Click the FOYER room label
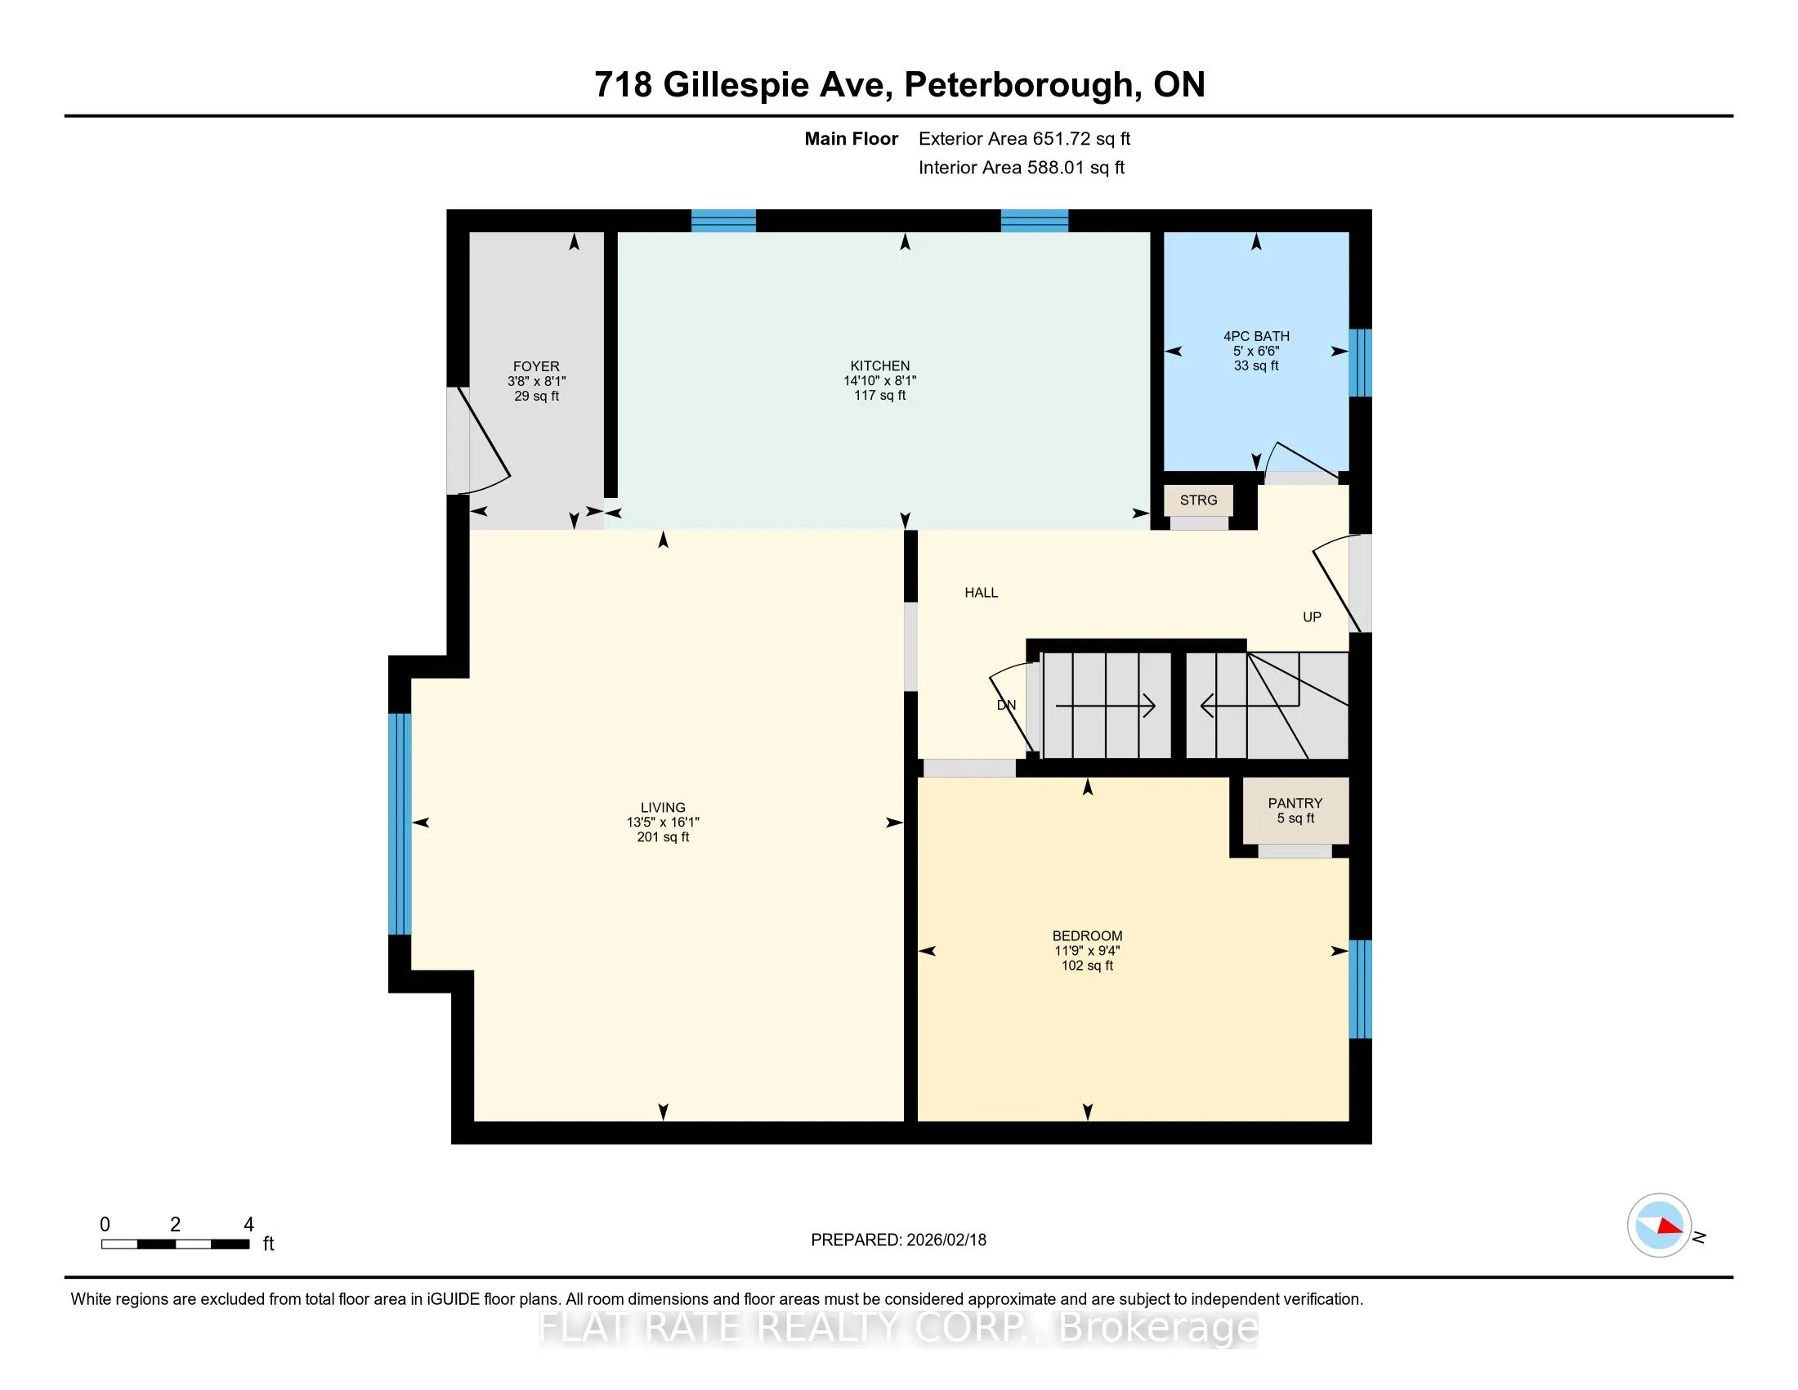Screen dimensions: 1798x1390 (536, 366)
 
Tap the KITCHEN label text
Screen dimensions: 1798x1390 (880, 365)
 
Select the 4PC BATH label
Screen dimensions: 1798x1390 (1256, 336)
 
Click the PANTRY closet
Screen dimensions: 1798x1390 (1295, 810)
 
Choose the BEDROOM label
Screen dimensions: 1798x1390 (1087, 935)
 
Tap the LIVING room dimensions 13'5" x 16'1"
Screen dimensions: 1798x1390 (663, 822)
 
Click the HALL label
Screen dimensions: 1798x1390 (982, 592)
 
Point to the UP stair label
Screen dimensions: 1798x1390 (1312, 617)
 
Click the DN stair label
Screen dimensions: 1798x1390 (1006, 705)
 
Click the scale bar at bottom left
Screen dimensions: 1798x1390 (176, 1244)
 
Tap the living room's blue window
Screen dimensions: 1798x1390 (400, 823)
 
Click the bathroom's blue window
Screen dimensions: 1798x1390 (1361, 362)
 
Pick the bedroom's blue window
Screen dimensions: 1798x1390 (1361, 989)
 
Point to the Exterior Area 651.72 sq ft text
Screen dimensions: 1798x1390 (1024, 138)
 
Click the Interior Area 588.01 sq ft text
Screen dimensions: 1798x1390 (1021, 167)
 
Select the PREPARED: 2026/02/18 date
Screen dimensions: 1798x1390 (898, 1240)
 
